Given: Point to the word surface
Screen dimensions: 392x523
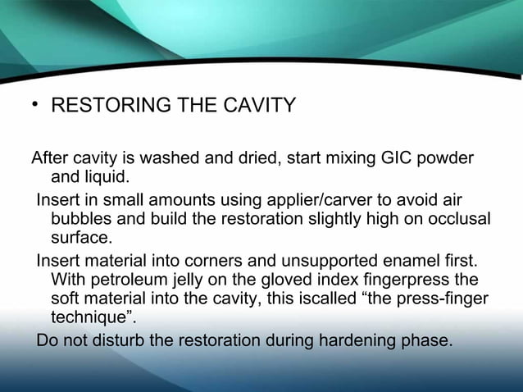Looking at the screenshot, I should [x=80, y=239].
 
